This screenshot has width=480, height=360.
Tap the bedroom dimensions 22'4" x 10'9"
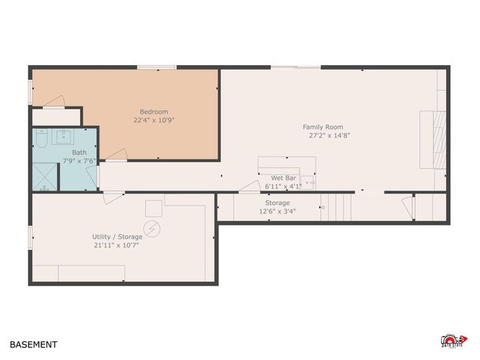[x=154, y=120]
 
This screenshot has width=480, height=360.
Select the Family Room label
[x=322, y=127]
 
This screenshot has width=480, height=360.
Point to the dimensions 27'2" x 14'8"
[x=329, y=136]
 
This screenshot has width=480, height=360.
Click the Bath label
[x=68, y=153]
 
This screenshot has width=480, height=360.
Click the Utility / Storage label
[x=116, y=237]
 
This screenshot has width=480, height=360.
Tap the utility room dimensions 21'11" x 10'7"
[x=116, y=245]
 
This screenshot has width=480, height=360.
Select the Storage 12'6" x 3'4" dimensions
[x=277, y=211]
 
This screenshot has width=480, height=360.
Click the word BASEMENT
[x=33, y=345]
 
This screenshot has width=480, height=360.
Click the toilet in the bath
[x=42, y=139]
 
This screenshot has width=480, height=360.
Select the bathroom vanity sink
[x=66, y=136]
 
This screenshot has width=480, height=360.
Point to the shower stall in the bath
[x=45, y=177]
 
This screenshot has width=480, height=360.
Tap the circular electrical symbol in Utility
[x=153, y=226]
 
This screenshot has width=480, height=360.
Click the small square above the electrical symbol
[x=153, y=208]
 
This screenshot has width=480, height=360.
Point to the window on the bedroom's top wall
[x=157, y=67]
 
